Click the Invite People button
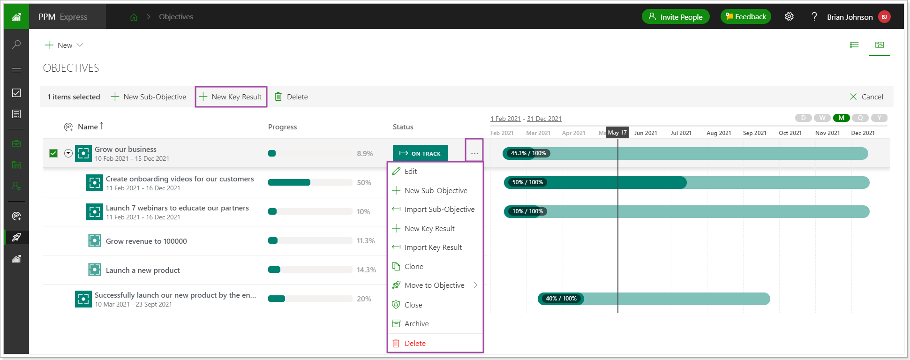tap(675, 17)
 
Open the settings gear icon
tap(789, 17)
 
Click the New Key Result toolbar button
tap(231, 97)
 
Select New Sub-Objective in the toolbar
tap(149, 97)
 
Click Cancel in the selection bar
tap(866, 97)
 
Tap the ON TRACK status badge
tap(420, 153)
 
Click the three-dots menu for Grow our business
tap(474, 153)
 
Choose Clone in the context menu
tap(414, 266)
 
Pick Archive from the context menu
tap(416, 323)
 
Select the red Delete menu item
tap(415, 343)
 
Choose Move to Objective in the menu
tap(434, 285)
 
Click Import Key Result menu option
tap(433, 247)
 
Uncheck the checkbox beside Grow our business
tap(53, 153)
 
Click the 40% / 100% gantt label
tap(561, 299)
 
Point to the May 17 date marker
tap(617, 133)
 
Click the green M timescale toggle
tap(841, 118)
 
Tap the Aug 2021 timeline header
tap(719, 133)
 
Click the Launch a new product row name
tap(143, 270)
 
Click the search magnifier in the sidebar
tap(16, 45)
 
